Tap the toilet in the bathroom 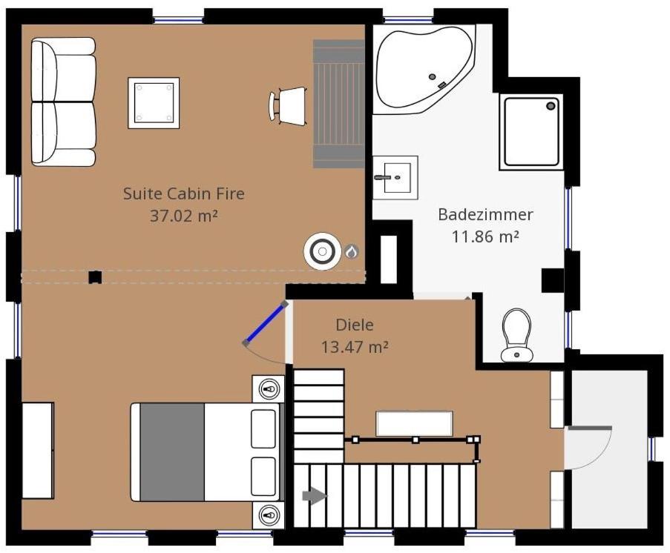pyautogui.click(x=516, y=335)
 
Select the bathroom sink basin pyautogui.click(x=395, y=177)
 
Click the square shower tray pyautogui.click(x=531, y=131)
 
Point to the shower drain pyautogui.click(x=551, y=105)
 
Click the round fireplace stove pyautogui.click(x=322, y=251)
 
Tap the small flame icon pyautogui.click(x=351, y=252)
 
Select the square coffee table pyautogui.click(x=154, y=103)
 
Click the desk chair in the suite pyautogui.click(x=289, y=106)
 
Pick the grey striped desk pyautogui.click(x=338, y=104)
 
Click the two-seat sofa pyautogui.click(x=63, y=102)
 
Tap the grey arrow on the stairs pyautogui.click(x=315, y=496)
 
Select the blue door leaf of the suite pyautogui.click(x=265, y=323)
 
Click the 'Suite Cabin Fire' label pyautogui.click(x=184, y=193)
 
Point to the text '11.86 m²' pyautogui.click(x=485, y=236)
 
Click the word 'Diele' pyautogui.click(x=355, y=325)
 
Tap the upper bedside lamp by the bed pyautogui.click(x=269, y=389)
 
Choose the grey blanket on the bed pyautogui.click(x=172, y=452)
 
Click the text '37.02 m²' pyautogui.click(x=184, y=216)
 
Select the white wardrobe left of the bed pyautogui.click(x=38, y=450)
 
